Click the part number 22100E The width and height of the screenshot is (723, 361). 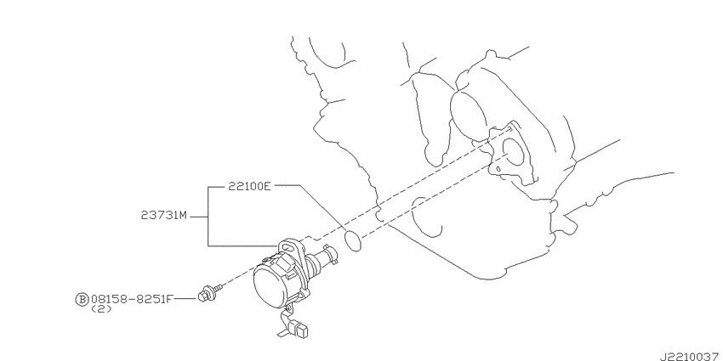click(x=249, y=186)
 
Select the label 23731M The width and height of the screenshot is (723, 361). click(x=164, y=216)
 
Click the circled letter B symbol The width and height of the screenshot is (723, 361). click(x=81, y=299)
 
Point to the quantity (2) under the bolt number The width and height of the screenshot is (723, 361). click(x=101, y=309)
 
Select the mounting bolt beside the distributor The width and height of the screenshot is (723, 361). click(x=210, y=292)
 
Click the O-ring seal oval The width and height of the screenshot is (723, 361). click(x=353, y=241)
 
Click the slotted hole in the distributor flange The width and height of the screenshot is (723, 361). click(x=287, y=248)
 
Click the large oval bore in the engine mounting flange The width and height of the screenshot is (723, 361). click(x=512, y=151)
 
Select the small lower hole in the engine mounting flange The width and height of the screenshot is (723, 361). click(x=498, y=169)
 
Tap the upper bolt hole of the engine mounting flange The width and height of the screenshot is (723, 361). click(x=509, y=129)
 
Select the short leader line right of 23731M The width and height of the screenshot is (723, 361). click(x=199, y=216)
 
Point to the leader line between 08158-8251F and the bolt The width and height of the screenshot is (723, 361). click(x=186, y=299)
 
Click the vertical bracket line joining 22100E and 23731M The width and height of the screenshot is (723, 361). click(x=208, y=216)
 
